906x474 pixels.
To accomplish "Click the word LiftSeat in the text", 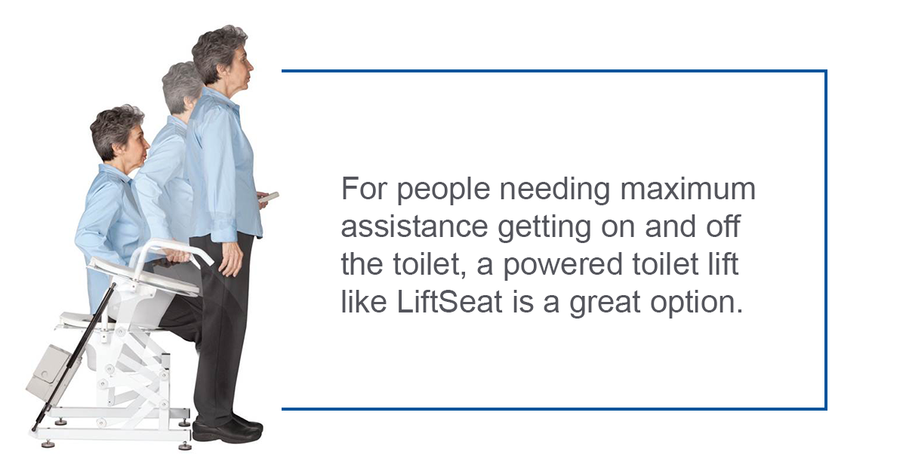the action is [x=449, y=302].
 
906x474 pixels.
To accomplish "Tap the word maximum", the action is [x=687, y=189].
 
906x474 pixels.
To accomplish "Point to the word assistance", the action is [x=414, y=227].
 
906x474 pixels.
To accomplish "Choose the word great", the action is [x=605, y=304].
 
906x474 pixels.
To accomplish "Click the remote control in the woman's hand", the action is [x=268, y=197].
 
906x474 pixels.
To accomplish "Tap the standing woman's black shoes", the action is [x=227, y=429].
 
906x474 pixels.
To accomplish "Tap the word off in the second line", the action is [x=724, y=226].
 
